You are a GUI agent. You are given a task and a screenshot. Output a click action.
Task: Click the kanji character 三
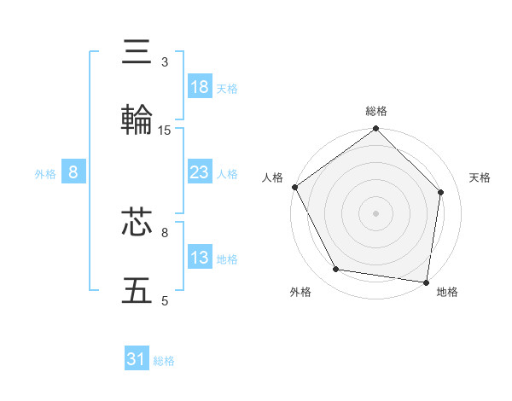[x=139, y=51]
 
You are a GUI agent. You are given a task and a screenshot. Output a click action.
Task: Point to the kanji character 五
[x=139, y=290]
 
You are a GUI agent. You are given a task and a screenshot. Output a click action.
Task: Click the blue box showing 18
[x=200, y=87]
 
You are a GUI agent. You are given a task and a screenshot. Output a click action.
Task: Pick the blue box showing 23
[x=200, y=172]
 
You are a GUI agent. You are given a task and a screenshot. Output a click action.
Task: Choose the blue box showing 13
[x=200, y=258]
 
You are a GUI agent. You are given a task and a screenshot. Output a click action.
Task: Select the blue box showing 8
[x=73, y=172]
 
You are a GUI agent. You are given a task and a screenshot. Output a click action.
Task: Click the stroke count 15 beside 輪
[x=165, y=131]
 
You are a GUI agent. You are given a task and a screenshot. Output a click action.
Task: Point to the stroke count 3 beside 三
[x=165, y=62]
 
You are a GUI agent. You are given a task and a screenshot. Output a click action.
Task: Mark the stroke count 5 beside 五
[x=165, y=300]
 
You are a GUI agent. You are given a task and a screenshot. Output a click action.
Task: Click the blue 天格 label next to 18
[x=227, y=88]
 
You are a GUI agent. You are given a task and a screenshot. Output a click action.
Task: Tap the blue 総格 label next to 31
[x=164, y=361]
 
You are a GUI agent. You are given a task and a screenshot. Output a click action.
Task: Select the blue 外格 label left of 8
[x=45, y=173]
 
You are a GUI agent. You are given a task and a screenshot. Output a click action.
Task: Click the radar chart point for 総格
[x=375, y=130]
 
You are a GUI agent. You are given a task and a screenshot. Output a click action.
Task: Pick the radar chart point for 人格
[x=294, y=187]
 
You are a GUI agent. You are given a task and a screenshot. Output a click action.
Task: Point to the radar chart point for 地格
[x=426, y=282]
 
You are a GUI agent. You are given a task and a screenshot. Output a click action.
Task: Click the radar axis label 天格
[x=480, y=177]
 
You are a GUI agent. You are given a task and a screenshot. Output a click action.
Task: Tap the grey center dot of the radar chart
[x=375, y=212]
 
